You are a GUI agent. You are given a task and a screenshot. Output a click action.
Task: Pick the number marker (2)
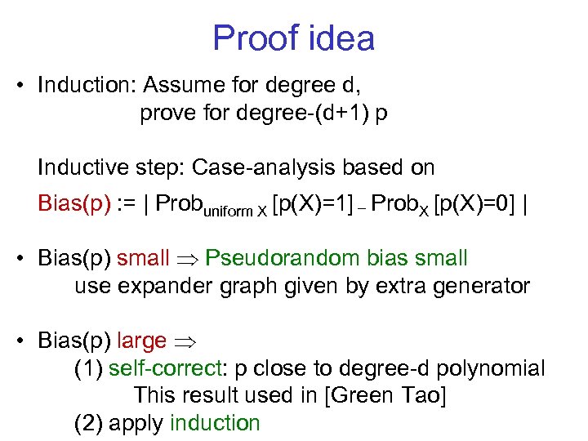pyautogui.click(x=87, y=423)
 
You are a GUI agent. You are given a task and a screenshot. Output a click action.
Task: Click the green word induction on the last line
pyautogui.click(x=215, y=423)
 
